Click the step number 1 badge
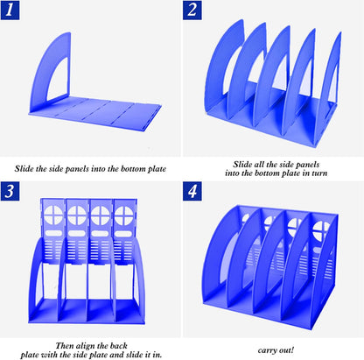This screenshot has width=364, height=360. click(10, 10)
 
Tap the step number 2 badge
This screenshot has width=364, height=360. click(192, 10)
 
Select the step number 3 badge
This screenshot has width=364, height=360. click(10, 191)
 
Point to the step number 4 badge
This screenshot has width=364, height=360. click(192, 191)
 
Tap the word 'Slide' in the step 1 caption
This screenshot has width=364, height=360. click(24, 169)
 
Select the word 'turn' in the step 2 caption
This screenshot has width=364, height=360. click(319, 173)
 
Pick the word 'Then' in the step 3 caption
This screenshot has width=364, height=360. click(65, 346)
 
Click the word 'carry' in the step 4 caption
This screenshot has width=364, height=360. click(267, 350)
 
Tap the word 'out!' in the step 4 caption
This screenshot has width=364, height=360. click(286, 349)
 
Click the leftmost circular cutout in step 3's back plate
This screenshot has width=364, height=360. click(53, 215)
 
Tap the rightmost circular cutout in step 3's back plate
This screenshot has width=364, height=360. click(124, 215)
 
